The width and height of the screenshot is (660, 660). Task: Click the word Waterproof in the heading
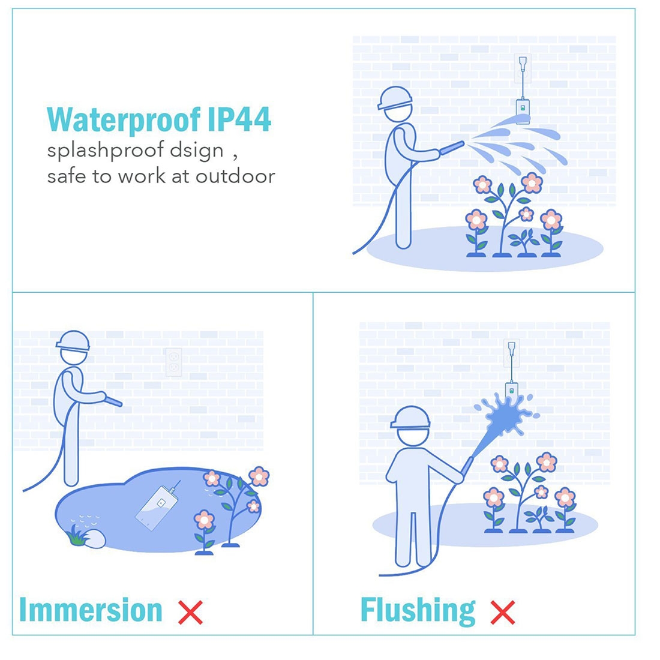(124, 120)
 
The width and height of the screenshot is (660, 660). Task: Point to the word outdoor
(235, 176)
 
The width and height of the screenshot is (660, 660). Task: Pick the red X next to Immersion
(191, 613)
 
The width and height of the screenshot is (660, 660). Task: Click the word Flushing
(418, 611)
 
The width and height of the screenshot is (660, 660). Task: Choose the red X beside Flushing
(503, 613)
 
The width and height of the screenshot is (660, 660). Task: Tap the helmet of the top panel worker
(394, 98)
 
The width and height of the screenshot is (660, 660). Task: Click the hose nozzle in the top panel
(452, 148)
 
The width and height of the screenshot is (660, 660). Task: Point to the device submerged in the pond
(157, 507)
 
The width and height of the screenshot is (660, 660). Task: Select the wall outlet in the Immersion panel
(174, 362)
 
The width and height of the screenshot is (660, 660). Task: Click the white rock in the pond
(95, 538)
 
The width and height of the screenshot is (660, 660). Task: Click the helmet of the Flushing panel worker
(410, 418)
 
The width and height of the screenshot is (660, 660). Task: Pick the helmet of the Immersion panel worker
(73, 341)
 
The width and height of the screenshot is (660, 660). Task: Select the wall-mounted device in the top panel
(523, 110)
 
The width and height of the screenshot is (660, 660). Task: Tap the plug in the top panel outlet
(523, 64)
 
